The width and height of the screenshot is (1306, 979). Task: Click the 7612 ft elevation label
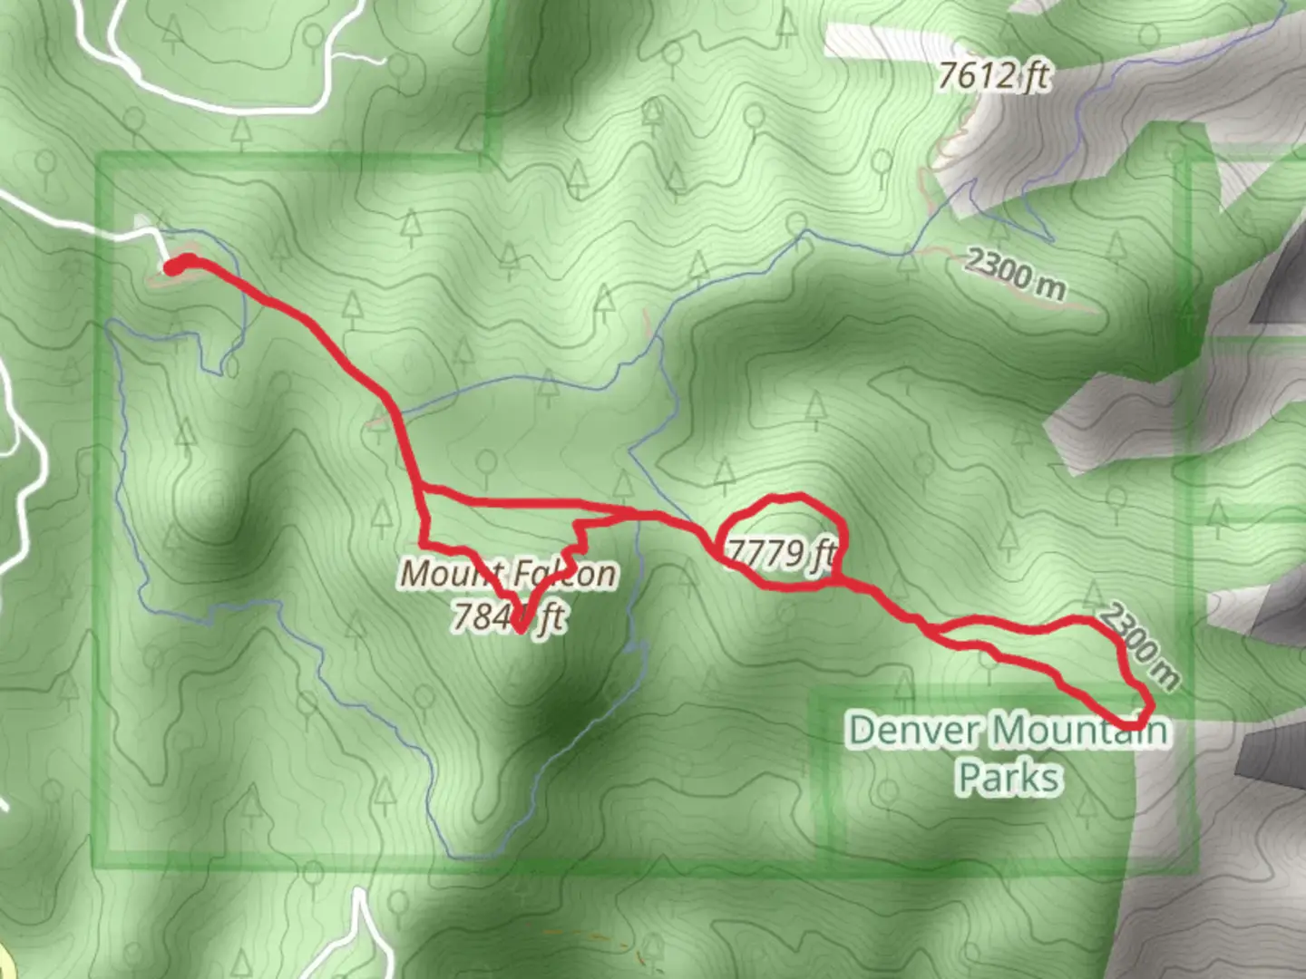tap(993, 76)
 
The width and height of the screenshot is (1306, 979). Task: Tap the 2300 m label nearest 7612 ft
tap(1014, 272)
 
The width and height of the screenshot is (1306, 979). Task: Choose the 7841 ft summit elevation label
tap(508, 616)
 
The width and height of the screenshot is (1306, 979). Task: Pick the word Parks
tap(1009, 778)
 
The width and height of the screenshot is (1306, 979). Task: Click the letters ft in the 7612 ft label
tap(1031, 76)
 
